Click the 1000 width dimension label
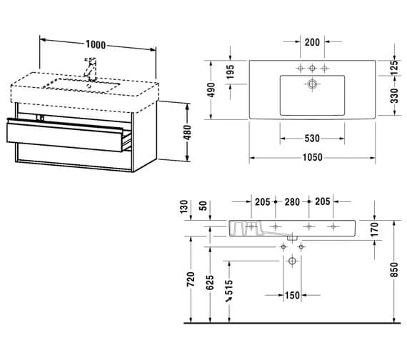(x=96, y=45)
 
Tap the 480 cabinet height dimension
(x=187, y=132)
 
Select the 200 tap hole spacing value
(x=312, y=42)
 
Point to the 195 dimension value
(x=230, y=71)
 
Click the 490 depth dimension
(x=211, y=90)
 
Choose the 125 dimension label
(x=393, y=68)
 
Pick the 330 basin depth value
(x=393, y=96)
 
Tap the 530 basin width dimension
(x=312, y=139)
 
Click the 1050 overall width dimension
(x=313, y=157)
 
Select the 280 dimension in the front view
(x=292, y=202)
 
